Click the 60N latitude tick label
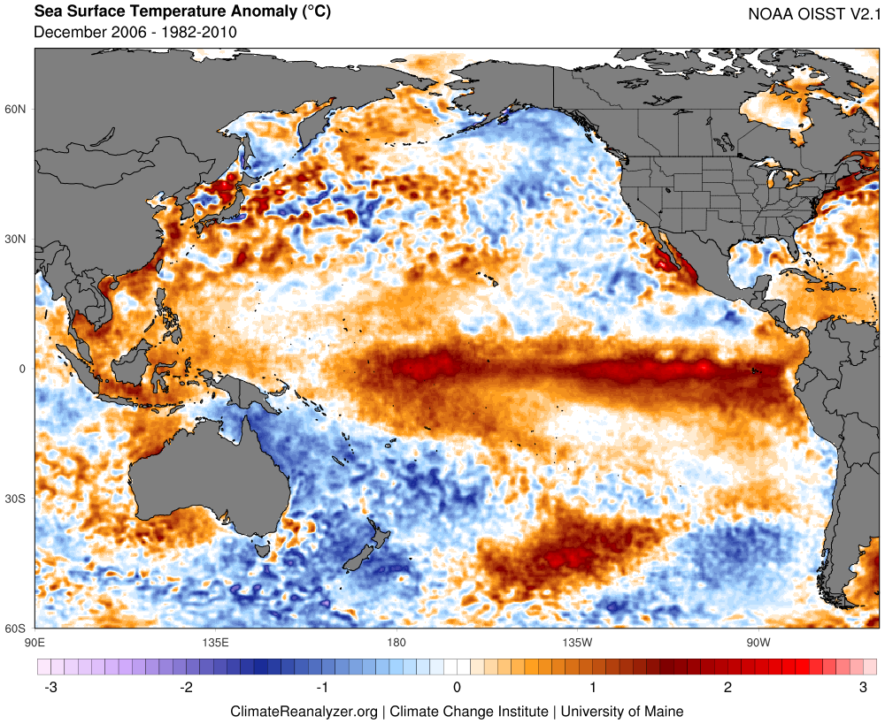click(16, 109)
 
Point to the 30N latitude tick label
click(16, 239)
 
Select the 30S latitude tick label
click(16, 499)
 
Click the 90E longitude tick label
click(35, 642)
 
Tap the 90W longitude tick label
click(757, 642)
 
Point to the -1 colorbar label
click(321, 687)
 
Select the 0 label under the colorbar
click(457, 687)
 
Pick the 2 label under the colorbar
click(727, 687)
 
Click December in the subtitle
click(73, 33)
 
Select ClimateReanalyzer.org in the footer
click(304, 711)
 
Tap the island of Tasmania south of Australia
click(262, 550)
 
